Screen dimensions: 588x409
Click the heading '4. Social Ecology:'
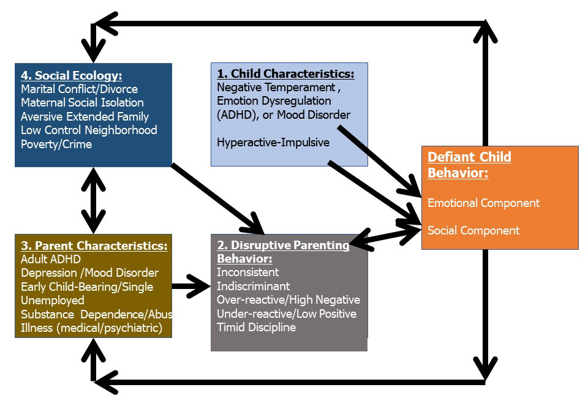coord(72,75)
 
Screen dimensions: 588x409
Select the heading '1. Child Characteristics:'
coord(285,73)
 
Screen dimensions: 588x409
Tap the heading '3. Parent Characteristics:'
coord(94,246)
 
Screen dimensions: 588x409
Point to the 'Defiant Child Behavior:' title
coord(469,165)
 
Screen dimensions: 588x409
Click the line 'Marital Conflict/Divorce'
coord(79,89)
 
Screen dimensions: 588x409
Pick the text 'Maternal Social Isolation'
coord(82,103)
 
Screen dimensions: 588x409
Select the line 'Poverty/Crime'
coord(56,144)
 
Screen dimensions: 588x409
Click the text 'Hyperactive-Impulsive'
coord(273,143)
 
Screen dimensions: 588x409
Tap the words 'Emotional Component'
coord(483,203)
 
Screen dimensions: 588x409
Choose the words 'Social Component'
coord(473,231)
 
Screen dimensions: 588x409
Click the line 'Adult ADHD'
coord(51,260)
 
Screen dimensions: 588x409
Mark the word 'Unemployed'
coord(53,301)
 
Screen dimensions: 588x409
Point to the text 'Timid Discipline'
coord(256,328)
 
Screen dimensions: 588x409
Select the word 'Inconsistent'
coord(248,272)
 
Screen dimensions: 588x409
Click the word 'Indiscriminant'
coord(253,287)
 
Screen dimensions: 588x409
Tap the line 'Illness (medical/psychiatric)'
coord(91,328)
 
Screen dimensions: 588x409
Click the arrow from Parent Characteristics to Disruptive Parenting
coord(191,287)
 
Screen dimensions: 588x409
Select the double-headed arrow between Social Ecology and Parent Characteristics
coord(93,201)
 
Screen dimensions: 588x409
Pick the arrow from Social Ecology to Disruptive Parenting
coord(218,200)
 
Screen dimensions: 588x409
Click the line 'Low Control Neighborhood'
coord(89,130)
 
